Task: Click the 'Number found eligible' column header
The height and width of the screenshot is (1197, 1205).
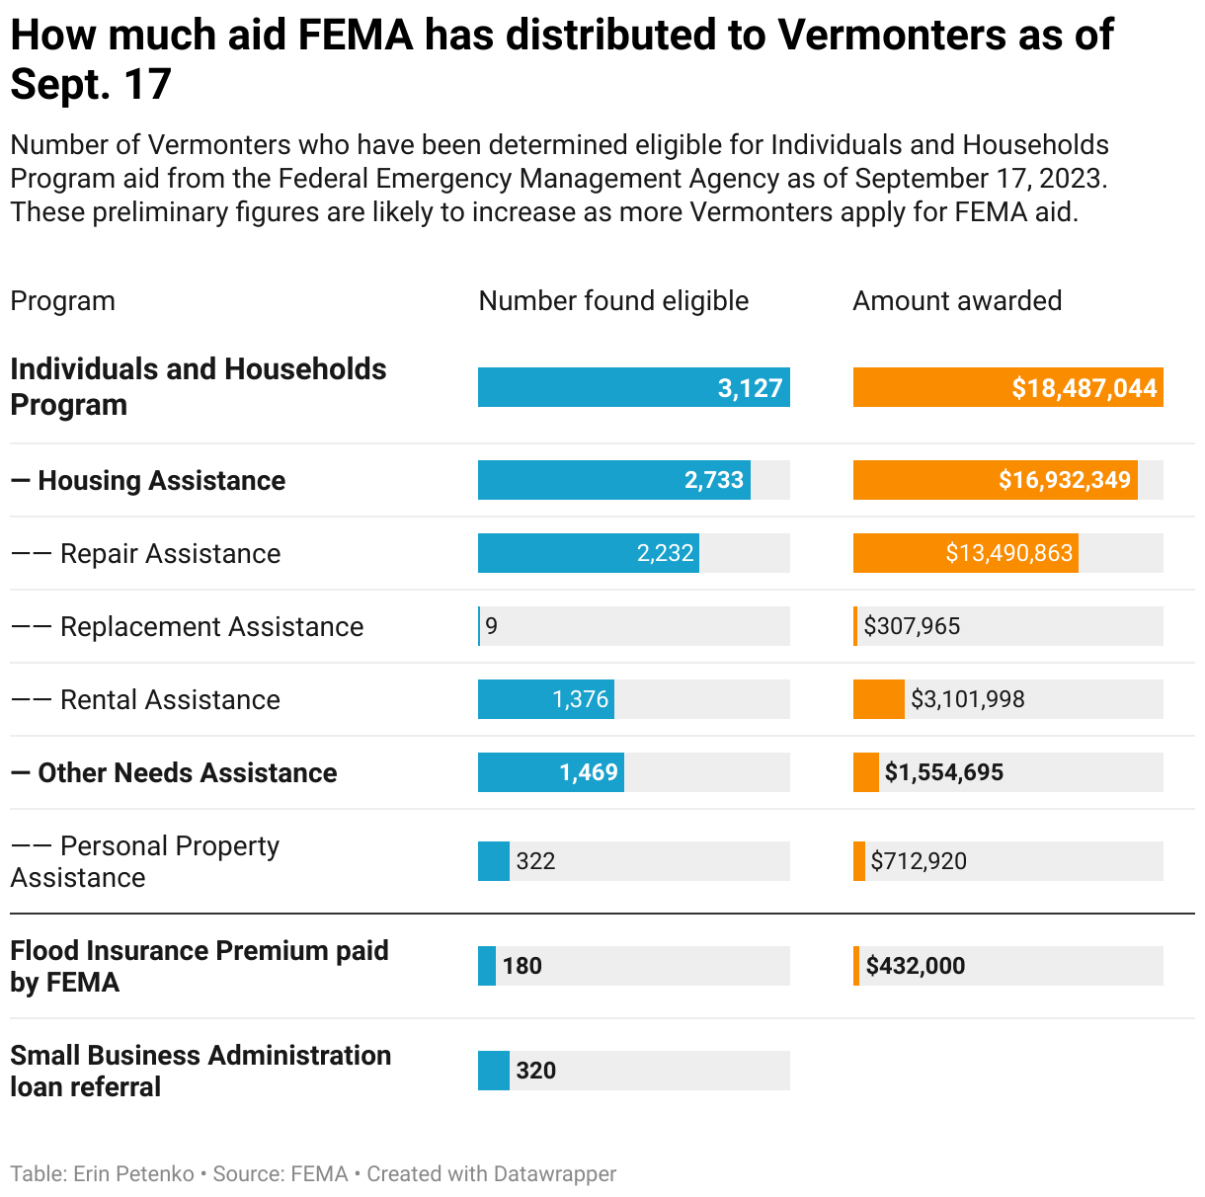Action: [x=612, y=301]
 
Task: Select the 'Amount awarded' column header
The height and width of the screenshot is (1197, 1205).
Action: [x=957, y=301]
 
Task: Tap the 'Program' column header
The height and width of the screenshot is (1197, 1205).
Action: [x=62, y=301]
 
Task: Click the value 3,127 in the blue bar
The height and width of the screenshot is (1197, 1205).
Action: [x=750, y=388]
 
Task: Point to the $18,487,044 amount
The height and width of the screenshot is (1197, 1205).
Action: [x=1084, y=388]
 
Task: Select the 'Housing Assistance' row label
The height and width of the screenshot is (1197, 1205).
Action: [x=161, y=480]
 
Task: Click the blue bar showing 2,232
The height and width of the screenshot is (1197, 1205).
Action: [x=589, y=553]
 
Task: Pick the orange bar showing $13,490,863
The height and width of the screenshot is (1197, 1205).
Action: [x=966, y=553]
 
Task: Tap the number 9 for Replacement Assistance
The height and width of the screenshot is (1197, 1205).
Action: [x=492, y=626]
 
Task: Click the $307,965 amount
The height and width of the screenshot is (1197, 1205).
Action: [x=912, y=626]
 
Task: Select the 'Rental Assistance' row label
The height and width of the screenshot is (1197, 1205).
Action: [x=170, y=699]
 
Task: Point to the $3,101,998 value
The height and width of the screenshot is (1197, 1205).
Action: [x=967, y=699]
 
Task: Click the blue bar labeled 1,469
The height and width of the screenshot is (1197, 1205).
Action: [x=551, y=772]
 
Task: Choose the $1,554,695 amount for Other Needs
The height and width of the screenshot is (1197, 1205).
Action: [x=943, y=772]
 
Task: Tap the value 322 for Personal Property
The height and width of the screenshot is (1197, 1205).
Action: [x=535, y=861]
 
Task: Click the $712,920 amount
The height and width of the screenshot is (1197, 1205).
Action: [x=919, y=861]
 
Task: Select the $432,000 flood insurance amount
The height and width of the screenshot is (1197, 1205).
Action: [x=916, y=966]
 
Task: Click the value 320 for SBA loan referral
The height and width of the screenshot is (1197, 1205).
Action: [x=536, y=1070]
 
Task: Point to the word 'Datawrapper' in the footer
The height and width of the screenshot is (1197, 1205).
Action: [x=554, y=1174]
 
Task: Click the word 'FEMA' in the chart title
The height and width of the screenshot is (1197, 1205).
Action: [x=356, y=35]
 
